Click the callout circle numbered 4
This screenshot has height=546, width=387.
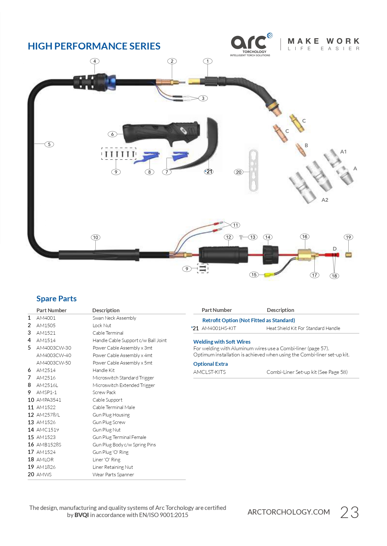[x=94, y=61]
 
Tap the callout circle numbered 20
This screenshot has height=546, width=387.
[x=239, y=172]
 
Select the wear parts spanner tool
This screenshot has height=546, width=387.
[x=254, y=170]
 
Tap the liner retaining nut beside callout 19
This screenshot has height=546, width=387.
[x=349, y=255]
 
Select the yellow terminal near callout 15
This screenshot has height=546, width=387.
[x=269, y=275]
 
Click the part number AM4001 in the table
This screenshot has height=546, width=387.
[x=46, y=318]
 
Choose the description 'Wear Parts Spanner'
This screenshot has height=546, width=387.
[x=113, y=474]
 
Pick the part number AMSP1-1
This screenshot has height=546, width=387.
[x=46, y=392]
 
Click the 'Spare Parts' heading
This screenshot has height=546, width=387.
[x=56, y=299]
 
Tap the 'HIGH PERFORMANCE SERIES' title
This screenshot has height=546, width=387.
[x=94, y=46]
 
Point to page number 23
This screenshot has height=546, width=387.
[x=349, y=512]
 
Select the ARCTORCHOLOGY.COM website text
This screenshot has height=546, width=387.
[x=288, y=512]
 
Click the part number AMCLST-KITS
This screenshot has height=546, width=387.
[x=209, y=372]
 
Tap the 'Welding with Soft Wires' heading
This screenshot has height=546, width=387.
[x=222, y=342]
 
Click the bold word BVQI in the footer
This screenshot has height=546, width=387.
[x=81, y=515]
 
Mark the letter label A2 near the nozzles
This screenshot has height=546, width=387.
[x=325, y=200]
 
